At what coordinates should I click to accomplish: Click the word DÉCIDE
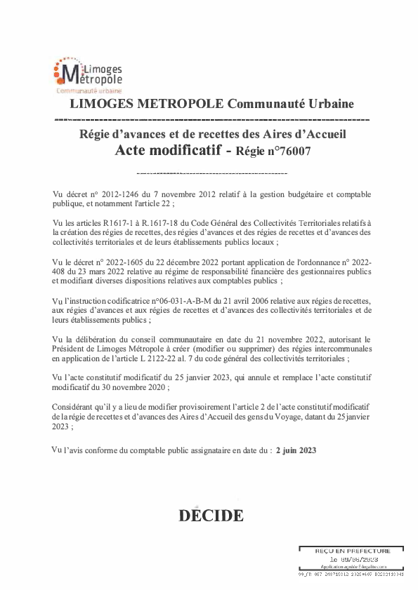pos(211,516)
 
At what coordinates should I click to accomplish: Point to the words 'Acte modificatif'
pos(166,149)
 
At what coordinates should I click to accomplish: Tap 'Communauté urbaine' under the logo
pos(89,92)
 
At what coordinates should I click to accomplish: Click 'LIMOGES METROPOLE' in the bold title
pos(147,105)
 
